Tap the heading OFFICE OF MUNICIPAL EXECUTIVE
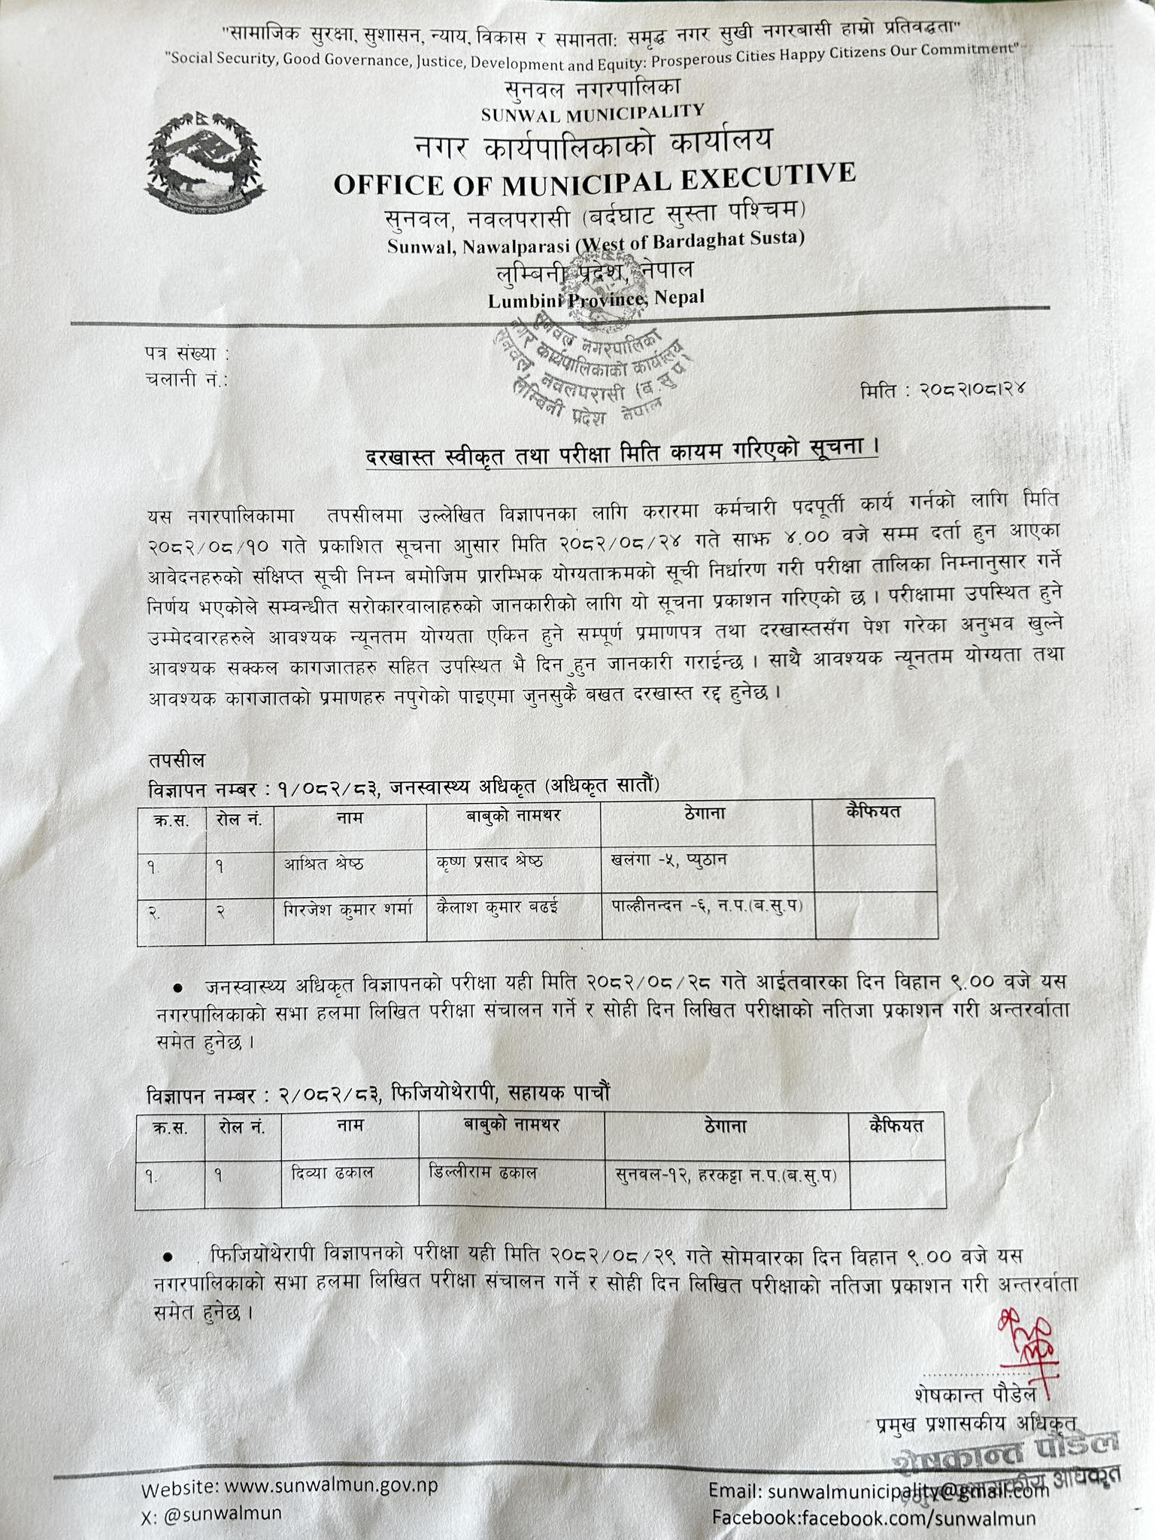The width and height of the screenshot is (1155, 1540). pyautogui.click(x=594, y=179)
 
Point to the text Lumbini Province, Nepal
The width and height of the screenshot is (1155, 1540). pyautogui.click(x=596, y=299)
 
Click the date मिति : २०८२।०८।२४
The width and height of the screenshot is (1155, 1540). pyautogui.click(x=944, y=390)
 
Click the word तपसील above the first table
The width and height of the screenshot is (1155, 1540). pyautogui.click(x=176, y=759)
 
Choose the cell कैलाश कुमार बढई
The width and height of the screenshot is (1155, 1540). pyautogui.click(x=497, y=907)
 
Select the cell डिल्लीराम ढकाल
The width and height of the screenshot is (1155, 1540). pyautogui.click(x=482, y=1172)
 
